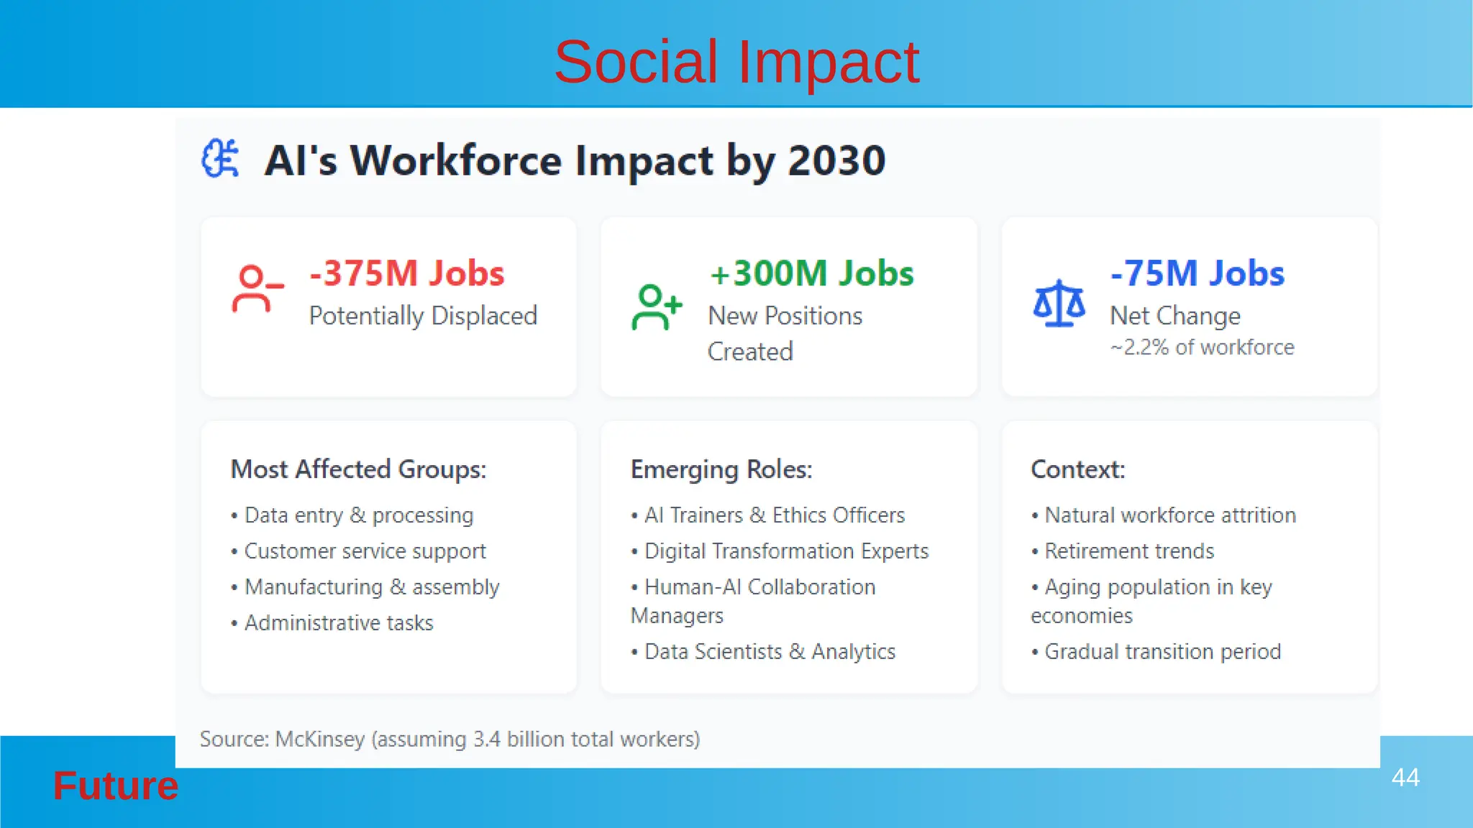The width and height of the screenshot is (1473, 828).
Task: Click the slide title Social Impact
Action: (736, 62)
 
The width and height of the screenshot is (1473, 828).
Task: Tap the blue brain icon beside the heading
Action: (220, 159)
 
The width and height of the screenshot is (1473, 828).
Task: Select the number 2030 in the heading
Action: (836, 160)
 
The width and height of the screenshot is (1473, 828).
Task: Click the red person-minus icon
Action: (257, 289)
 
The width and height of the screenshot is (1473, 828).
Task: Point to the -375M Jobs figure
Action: (407, 274)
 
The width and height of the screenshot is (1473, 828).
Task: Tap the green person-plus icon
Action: (656, 307)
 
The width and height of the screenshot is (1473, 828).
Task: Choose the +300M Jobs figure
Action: (811, 274)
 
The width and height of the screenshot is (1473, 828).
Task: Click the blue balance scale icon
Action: (1059, 304)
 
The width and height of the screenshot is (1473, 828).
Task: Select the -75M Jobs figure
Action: (1198, 274)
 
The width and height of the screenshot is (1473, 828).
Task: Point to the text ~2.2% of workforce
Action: (1202, 348)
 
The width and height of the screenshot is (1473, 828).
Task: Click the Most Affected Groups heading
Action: (358, 469)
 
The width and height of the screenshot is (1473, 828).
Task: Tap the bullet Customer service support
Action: (365, 551)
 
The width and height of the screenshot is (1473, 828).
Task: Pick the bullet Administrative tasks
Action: (339, 623)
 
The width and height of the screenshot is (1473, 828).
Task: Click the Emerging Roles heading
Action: (721, 469)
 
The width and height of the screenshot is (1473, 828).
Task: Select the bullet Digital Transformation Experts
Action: (786, 551)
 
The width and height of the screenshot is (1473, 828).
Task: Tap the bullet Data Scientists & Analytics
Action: (770, 652)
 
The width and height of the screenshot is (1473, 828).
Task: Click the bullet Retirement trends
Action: (1128, 551)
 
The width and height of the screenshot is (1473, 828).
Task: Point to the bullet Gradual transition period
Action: (1162, 652)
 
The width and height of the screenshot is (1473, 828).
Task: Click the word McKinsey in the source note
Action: (319, 740)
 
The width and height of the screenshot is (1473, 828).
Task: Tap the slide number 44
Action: (1405, 778)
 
